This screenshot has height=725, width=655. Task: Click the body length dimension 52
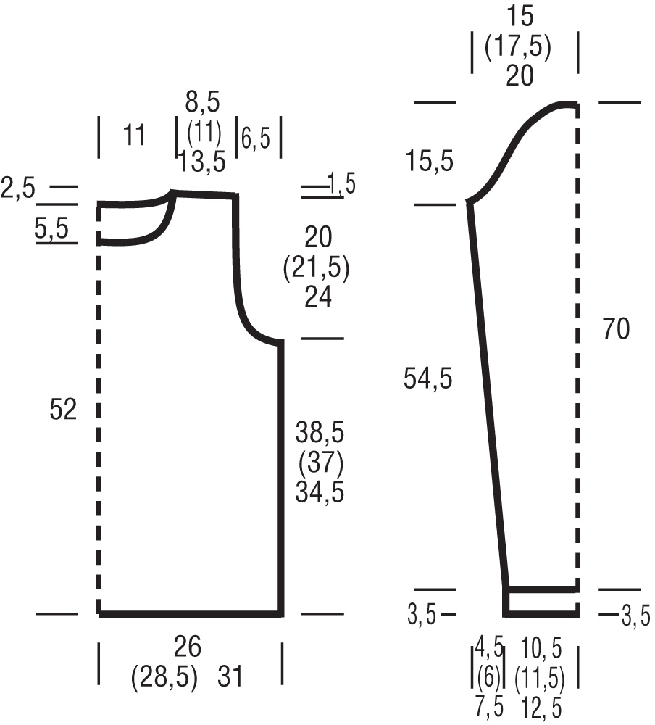coord(63,410)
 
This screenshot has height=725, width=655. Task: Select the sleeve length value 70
coord(616,329)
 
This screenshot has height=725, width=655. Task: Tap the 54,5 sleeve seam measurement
coord(427,378)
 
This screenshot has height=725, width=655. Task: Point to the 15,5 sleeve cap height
coord(430,162)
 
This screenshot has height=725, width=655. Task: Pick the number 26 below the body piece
coord(187,647)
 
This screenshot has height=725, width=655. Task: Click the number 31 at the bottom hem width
coord(230,676)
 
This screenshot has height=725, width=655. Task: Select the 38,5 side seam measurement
coord(320,434)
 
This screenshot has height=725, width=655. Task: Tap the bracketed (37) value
coord(321,463)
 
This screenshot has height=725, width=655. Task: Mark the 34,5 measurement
coord(320,492)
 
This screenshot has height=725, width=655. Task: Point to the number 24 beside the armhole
coord(318,297)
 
